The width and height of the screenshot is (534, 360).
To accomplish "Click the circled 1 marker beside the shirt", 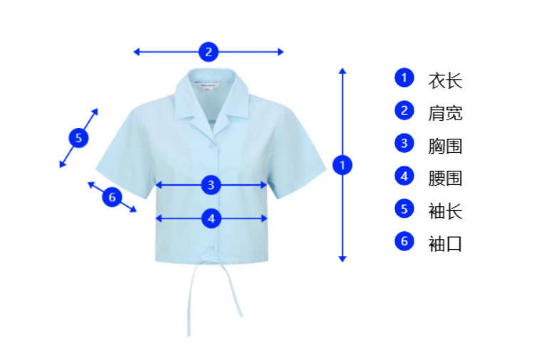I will click(342, 165).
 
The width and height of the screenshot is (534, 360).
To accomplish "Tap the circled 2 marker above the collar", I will click(208, 51).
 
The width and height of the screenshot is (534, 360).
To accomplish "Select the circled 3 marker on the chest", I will click(211, 185).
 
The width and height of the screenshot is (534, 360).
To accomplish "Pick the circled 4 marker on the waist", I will click(211, 218).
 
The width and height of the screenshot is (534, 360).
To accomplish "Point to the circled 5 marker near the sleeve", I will click(78, 138).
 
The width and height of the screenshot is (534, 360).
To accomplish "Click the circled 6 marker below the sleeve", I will click(112, 196).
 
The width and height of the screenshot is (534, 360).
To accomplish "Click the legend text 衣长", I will click(445, 80).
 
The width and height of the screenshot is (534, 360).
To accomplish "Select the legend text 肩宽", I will click(445, 113).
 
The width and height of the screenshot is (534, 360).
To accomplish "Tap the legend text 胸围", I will click(445, 146).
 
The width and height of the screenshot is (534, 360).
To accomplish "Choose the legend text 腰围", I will click(445, 178).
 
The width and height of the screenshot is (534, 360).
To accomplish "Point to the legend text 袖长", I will click(445, 211).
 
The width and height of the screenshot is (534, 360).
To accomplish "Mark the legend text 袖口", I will click(445, 243).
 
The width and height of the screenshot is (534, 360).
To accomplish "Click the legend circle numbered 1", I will click(404, 78).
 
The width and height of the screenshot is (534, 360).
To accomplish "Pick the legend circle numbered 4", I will click(404, 176).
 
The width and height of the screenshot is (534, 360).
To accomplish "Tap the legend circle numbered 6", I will click(404, 241).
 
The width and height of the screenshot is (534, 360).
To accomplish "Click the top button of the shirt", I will click(211, 145).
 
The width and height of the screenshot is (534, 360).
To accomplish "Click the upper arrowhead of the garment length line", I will click(342, 71).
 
